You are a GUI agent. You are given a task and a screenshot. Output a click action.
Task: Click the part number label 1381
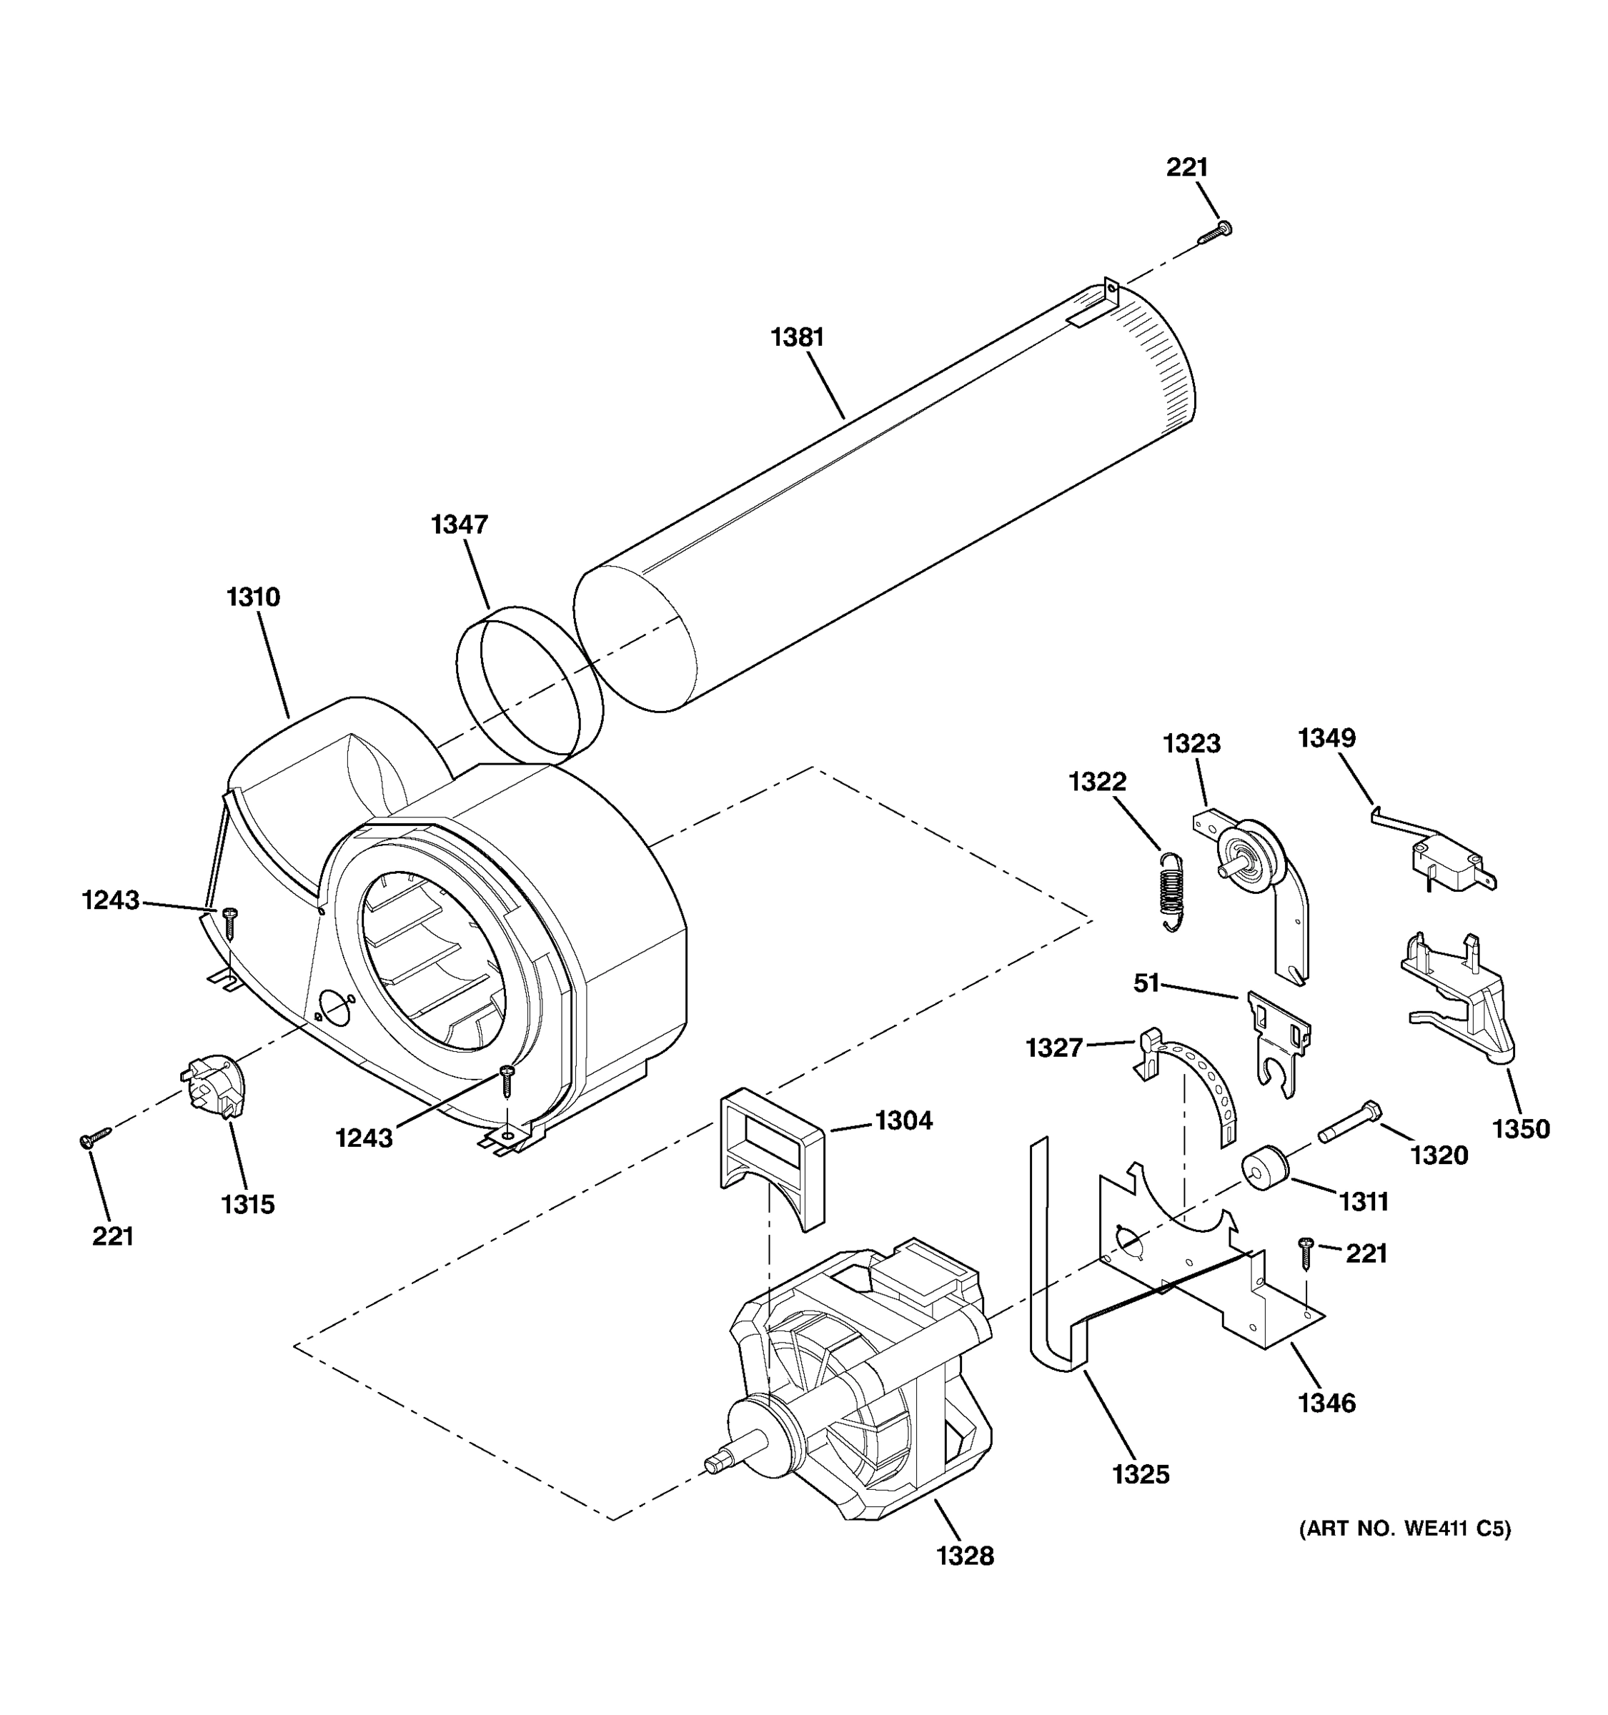pos(796,337)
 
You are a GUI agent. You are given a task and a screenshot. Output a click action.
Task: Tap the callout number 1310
pos(253,597)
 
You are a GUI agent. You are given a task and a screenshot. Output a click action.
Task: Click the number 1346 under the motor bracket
pos(1326,1403)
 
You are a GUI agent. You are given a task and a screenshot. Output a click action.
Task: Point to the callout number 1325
pos(1141,1474)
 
